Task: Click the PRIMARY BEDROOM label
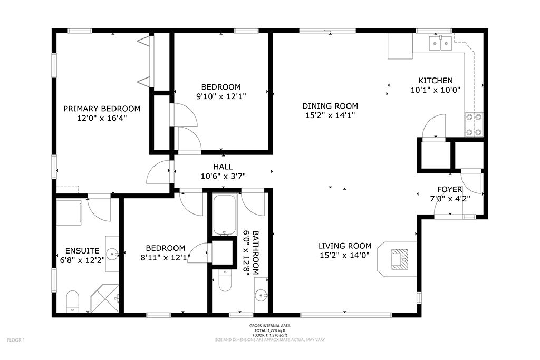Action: click(x=102, y=109)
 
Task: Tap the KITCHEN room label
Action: click(x=435, y=81)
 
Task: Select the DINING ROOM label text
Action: click(x=330, y=106)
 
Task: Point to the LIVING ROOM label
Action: click(x=344, y=246)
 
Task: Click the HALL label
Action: click(x=223, y=167)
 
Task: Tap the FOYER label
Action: click(x=450, y=189)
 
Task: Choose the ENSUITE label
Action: click(x=82, y=250)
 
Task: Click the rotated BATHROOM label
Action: click(x=256, y=252)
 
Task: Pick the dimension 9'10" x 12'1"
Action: click(x=221, y=96)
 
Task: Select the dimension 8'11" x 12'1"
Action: click(x=166, y=257)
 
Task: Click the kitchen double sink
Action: click(x=440, y=43)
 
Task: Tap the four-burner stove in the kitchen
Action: click(x=474, y=124)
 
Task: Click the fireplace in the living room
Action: click(x=400, y=259)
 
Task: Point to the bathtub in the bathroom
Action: click(x=225, y=215)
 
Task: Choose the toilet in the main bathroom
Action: click(x=225, y=280)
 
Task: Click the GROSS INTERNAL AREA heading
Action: click(x=269, y=326)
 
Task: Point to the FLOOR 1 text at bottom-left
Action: click(x=16, y=340)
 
